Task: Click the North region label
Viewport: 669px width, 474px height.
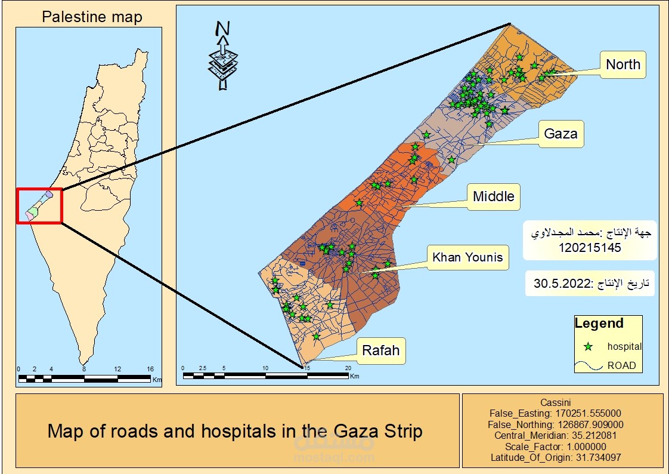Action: click(623, 64)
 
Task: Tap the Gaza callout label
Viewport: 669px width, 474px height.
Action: click(560, 134)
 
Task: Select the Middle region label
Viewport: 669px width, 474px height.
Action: click(493, 196)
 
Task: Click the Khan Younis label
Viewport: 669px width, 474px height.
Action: click(467, 258)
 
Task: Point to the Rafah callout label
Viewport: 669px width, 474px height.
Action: click(381, 350)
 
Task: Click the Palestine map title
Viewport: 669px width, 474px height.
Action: click(92, 17)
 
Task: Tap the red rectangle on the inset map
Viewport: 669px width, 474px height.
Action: click(39, 206)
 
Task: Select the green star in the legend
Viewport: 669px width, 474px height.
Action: click(589, 346)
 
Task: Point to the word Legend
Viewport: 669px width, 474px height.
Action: click(599, 324)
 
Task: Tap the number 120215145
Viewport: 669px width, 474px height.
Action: click(590, 247)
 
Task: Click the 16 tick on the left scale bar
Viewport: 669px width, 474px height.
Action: click(150, 369)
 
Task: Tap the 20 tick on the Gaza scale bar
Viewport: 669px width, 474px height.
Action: click(348, 368)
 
